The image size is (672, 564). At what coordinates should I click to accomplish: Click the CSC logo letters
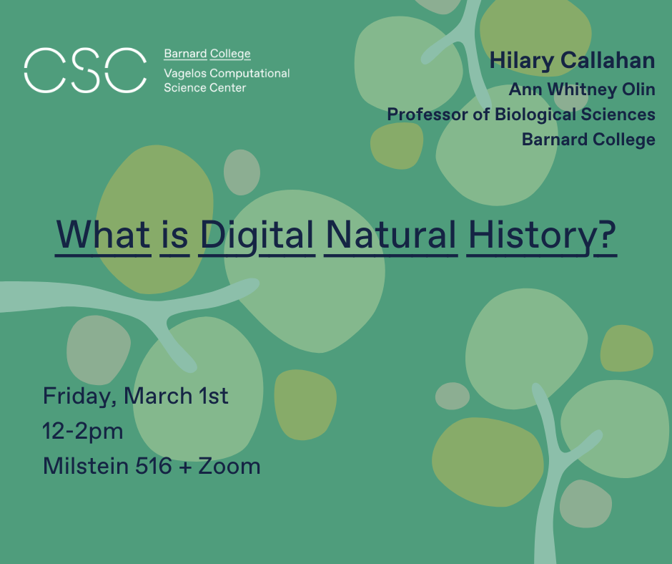pos(85,70)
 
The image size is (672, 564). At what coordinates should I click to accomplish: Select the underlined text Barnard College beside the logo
pos(207,54)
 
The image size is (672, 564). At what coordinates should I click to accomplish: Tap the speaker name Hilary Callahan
pos(572,61)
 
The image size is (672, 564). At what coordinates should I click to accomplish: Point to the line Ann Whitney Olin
pos(582,90)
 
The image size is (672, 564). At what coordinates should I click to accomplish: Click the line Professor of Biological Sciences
pos(521,115)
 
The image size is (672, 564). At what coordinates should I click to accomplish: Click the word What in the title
pos(104,235)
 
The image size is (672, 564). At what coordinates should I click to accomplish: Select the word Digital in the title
pos(257,235)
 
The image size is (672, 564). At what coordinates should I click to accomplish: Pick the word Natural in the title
pos(391,235)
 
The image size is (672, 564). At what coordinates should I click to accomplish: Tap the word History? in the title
pos(541,235)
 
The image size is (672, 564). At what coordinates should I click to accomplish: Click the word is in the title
pos(174,235)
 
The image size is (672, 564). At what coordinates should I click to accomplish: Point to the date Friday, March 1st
pos(136,396)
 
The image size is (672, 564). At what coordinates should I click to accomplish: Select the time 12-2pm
pos(83,431)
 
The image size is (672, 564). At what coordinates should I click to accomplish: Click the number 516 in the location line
pos(154,466)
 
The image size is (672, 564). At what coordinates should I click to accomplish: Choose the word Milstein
pos(86,466)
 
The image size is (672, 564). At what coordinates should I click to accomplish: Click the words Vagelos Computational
pos(227,74)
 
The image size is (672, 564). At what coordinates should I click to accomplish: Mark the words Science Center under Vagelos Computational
pos(204,88)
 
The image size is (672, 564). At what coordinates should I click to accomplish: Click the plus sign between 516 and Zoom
pos(185,467)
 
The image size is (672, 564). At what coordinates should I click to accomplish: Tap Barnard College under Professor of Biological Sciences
pos(588,139)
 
